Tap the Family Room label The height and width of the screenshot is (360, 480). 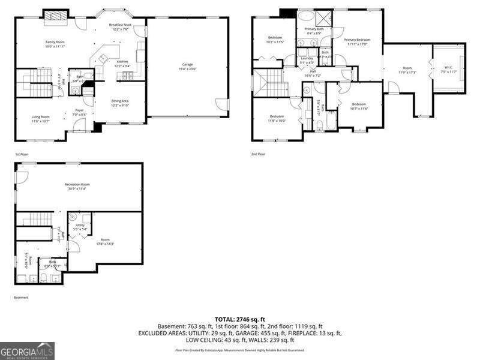(x=55, y=44)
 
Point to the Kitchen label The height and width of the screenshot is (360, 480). (x=122, y=64)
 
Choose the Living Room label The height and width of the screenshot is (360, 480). (x=41, y=119)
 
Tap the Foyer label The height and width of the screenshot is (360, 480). (x=79, y=112)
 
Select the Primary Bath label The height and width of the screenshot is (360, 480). (x=314, y=31)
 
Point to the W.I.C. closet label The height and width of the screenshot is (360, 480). (x=449, y=69)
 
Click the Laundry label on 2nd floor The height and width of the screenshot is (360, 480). (x=307, y=60)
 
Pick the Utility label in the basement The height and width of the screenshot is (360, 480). (x=80, y=227)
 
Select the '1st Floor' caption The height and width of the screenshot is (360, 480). (x=21, y=154)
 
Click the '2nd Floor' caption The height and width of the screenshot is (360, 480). (x=258, y=154)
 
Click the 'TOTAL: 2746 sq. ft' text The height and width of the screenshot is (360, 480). (x=240, y=319)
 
